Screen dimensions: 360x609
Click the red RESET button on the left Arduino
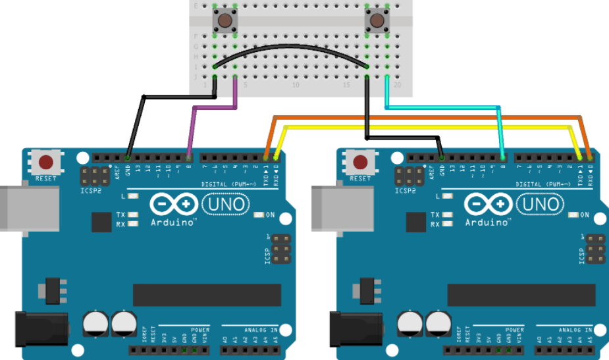(x=46, y=162)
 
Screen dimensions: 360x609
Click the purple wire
(x=192, y=125)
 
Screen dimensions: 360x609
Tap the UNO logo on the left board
(x=226, y=205)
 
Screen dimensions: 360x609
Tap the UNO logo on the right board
(x=541, y=205)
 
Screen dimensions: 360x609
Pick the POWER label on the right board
(x=515, y=329)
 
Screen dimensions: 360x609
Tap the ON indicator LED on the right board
(x=573, y=215)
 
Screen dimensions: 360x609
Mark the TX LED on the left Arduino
(x=134, y=215)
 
